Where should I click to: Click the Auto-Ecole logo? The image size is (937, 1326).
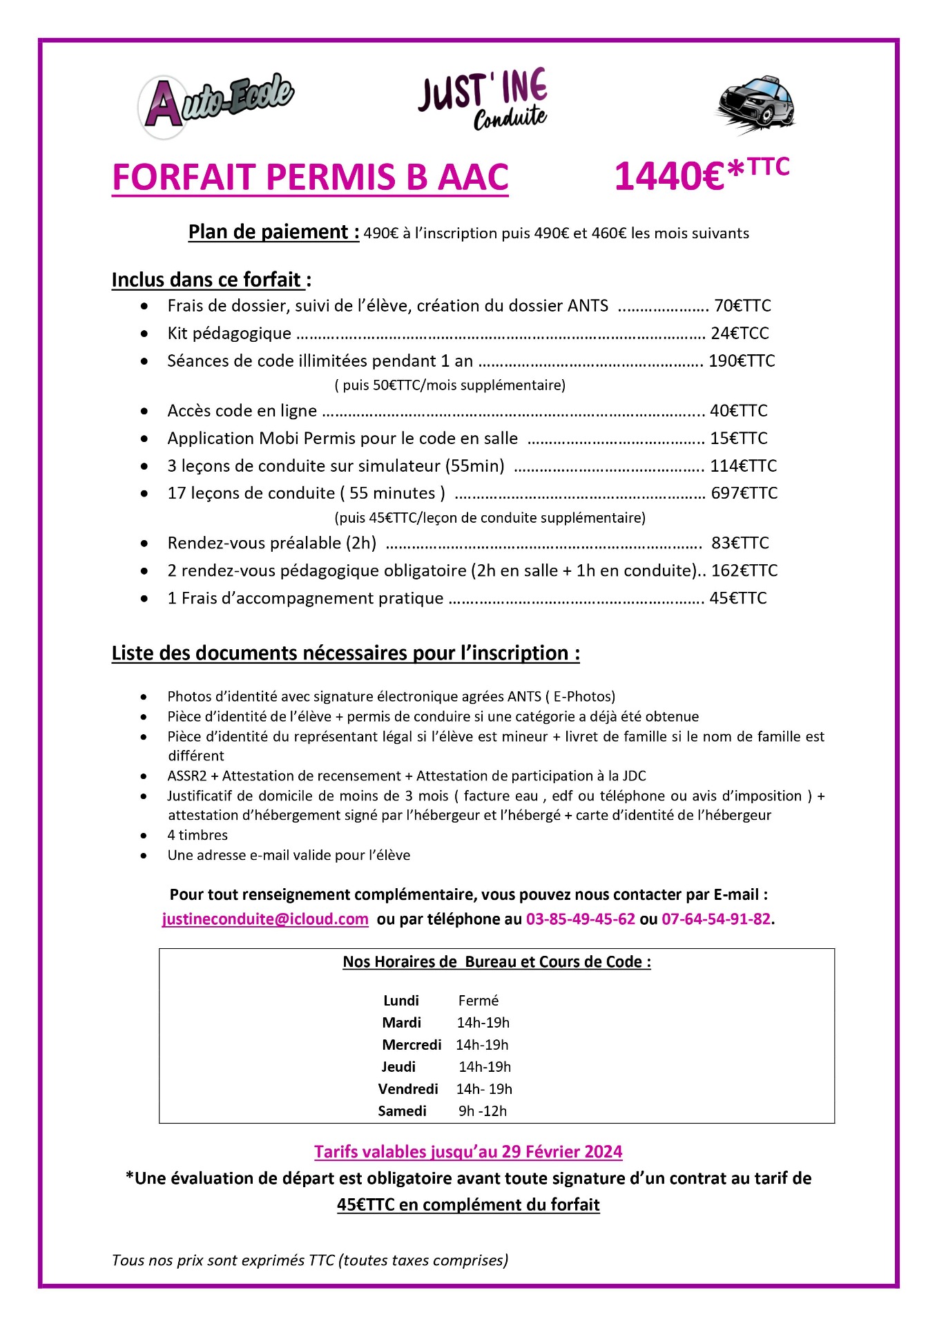pyautogui.click(x=215, y=105)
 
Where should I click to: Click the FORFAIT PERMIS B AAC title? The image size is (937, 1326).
pyautogui.click(x=310, y=177)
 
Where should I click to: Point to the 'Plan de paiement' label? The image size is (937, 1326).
pyautogui.click(x=273, y=232)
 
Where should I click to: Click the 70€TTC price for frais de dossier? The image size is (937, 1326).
pyautogui.click(x=742, y=306)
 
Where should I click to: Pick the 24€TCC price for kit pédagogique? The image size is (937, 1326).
pyautogui.click(x=740, y=334)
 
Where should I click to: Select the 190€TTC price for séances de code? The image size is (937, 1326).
pyautogui.click(x=742, y=361)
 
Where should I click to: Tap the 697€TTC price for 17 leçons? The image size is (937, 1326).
pyautogui.click(x=744, y=493)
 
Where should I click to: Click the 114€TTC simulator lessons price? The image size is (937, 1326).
pyautogui.click(x=743, y=466)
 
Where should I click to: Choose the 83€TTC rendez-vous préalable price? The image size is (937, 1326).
pyautogui.click(x=740, y=543)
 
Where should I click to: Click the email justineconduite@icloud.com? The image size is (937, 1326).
pyautogui.click(x=265, y=919)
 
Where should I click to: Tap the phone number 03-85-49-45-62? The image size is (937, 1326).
pyautogui.click(x=580, y=919)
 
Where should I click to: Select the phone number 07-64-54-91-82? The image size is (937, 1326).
pyautogui.click(x=716, y=919)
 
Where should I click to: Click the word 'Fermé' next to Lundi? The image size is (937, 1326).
pyautogui.click(x=478, y=1001)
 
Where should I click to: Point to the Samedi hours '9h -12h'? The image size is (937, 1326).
pyautogui.click(x=482, y=1111)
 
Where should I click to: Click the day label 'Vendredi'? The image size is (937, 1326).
pyautogui.click(x=408, y=1089)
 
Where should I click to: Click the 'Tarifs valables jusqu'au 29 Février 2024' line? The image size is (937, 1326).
pyautogui.click(x=468, y=1152)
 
